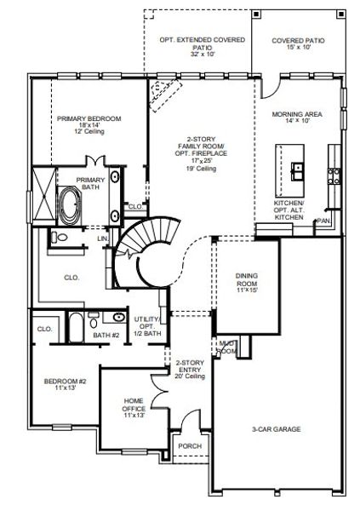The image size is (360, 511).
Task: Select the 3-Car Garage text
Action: [277, 429]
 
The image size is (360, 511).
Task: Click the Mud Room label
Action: [226, 346]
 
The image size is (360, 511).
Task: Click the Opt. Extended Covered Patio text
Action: [203, 45]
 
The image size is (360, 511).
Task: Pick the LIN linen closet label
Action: [102, 239]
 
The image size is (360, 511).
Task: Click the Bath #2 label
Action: [106, 336]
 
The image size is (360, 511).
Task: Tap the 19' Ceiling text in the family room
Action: [201, 169]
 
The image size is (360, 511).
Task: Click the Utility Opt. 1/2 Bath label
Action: [148, 325]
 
